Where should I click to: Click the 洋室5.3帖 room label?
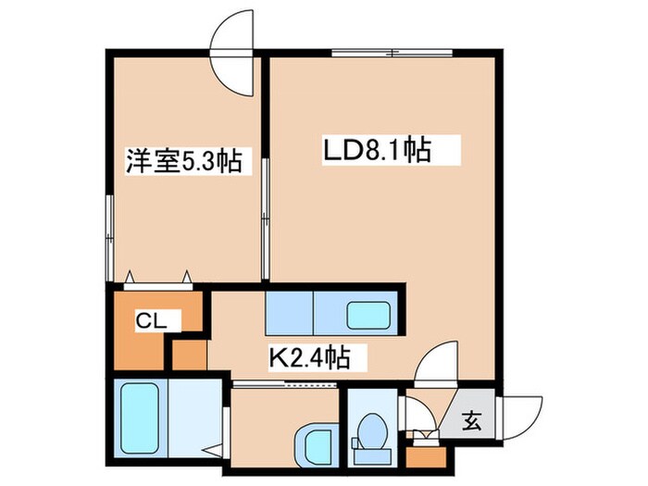[x=183, y=161]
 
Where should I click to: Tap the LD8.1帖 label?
[x=378, y=150]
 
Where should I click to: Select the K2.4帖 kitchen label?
[x=310, y=358]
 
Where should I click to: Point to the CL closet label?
[x=151, y=320]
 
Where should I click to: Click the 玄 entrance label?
[x=472, y=421]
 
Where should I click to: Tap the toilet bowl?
[x=372, y=431]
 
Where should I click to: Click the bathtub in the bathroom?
[x=141, y=418]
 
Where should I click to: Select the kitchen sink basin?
[x=368, y=316]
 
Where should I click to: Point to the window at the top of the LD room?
[x=392, y=53]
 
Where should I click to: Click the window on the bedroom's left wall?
[x=109, y=238]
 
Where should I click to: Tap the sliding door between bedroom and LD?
[x=266, y=218]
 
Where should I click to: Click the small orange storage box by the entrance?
[x=426, y=457]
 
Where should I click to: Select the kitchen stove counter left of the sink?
[x=289, y=313]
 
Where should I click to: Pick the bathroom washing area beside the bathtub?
[x=195, y=418]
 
